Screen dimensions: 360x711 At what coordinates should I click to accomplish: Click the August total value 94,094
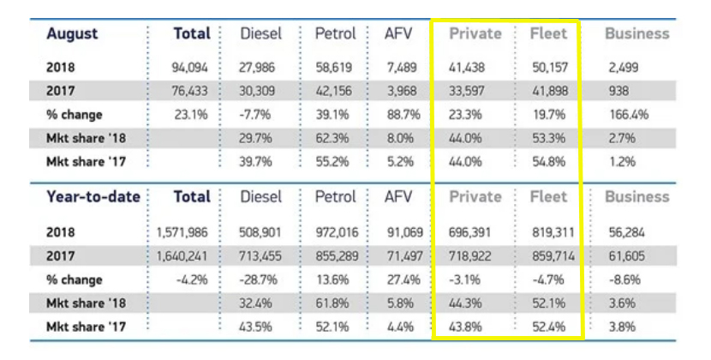(191, 65)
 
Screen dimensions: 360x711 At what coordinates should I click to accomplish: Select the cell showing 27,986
(263, 65)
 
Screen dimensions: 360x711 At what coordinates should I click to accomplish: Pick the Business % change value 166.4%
(628, 114)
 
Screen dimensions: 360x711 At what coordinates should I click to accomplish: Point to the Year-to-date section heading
(93, 196)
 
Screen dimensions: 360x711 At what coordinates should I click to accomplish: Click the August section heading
(72, 34)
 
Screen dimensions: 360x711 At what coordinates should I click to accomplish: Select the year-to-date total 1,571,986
(183, 231)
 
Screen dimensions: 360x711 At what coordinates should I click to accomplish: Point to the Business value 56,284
(629, 231)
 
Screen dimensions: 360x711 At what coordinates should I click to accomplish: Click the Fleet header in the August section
(548, 34)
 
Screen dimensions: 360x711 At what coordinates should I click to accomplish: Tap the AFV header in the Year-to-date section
(398, 196)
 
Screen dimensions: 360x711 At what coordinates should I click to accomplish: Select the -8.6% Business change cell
(630, 279)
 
